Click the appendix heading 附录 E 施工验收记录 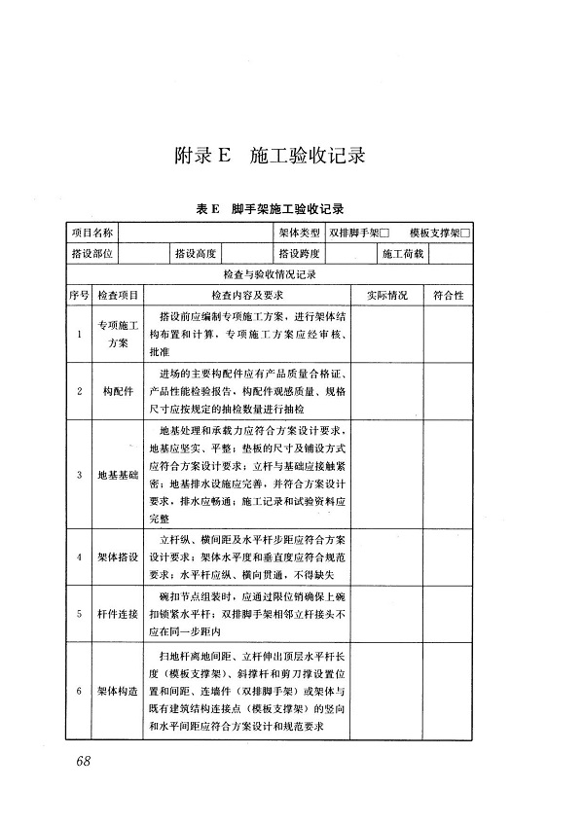click(269, 156)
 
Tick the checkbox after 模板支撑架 click(465, 233)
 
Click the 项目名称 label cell click(92, 233)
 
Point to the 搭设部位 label click(92, 254)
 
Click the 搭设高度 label click(195, 254)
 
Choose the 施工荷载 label click(402, 254)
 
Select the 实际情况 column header click(386, 295)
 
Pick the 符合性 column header click(449, 295)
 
